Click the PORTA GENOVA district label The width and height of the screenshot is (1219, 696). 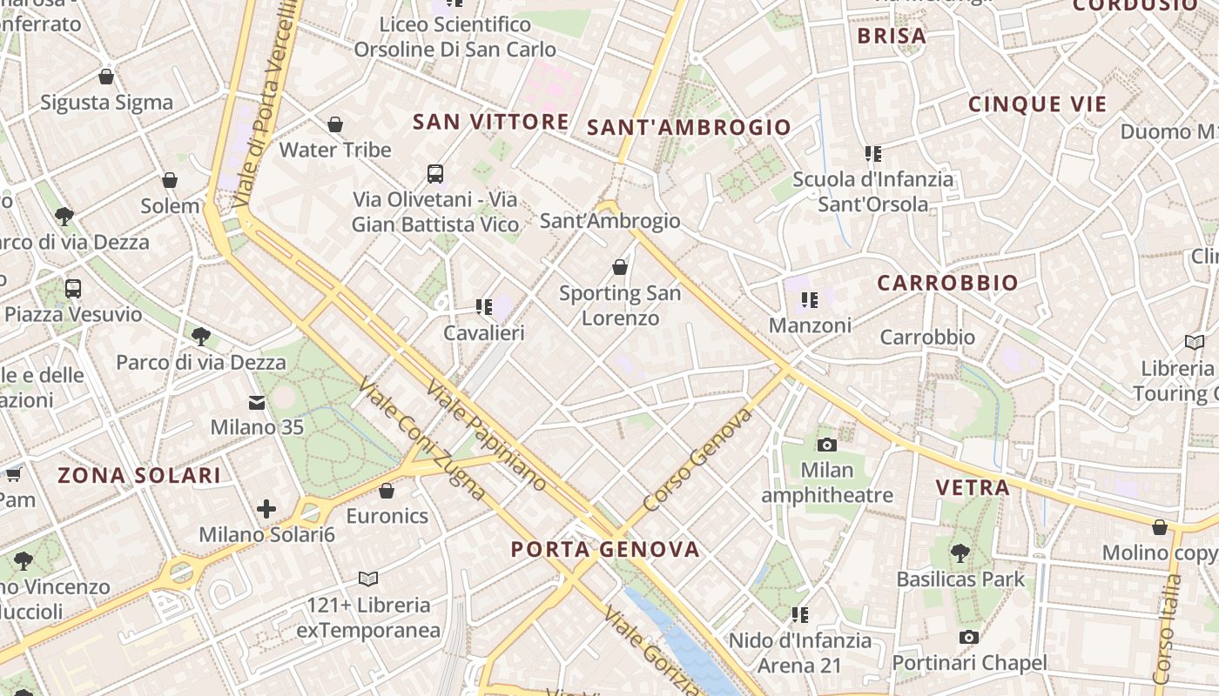point(605,549)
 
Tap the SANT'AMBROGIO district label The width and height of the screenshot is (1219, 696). point(689,127)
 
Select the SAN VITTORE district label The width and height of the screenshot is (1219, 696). point(491,122)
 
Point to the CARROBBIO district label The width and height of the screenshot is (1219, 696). point(947,283)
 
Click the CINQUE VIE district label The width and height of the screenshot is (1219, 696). point(1037,104)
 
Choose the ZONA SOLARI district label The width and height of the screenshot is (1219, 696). point(139,475)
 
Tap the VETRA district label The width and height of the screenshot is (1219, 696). point(973,487)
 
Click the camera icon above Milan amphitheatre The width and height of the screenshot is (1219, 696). point(827,445)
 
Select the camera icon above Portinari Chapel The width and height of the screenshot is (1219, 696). point(968,638)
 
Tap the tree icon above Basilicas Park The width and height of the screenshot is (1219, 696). point(960,552)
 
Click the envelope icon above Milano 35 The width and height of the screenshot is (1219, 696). point(257,402)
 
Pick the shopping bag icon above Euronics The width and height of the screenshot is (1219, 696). point(387,491)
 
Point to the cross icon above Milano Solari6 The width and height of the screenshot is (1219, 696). point(266,508)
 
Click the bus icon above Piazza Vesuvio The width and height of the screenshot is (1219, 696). point(73,288)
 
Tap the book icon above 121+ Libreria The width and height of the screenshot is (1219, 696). point(368,579)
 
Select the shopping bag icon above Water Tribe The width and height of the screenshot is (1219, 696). point(335,125)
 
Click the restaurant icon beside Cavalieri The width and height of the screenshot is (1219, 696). point(483,306)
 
